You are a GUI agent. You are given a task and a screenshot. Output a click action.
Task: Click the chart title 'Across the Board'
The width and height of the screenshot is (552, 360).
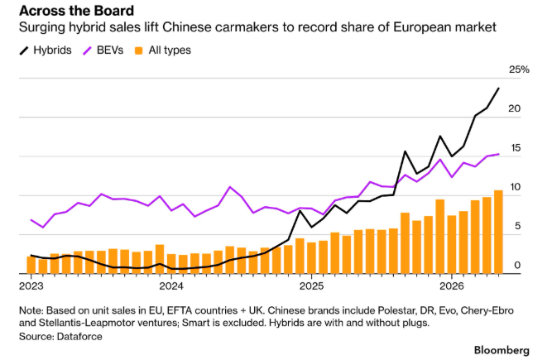tap(76, 11)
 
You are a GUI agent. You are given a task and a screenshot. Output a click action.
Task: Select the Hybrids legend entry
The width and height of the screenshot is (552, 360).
tap(46, 50)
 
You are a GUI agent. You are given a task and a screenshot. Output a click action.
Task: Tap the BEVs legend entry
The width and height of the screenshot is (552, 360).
tap(103, 50)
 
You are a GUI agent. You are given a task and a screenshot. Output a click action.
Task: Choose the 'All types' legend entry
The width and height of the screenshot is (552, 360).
tap(163, 50)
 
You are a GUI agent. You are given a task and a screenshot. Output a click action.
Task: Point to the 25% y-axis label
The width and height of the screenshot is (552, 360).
tap(519, 70)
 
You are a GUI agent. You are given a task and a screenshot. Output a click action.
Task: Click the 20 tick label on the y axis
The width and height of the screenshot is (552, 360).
tap(514, 108)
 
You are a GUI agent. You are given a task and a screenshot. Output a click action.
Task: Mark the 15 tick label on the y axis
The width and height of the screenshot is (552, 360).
tap(515, 148)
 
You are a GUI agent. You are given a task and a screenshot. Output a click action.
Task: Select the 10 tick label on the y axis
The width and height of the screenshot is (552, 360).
tap(515, 187)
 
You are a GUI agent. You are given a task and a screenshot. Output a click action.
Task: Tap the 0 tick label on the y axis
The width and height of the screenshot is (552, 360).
tap(517, 265)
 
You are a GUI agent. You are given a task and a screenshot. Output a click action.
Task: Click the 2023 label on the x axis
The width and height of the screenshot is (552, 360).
tap(31, 286)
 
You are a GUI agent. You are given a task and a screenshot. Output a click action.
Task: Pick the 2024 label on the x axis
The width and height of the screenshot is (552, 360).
tap(171, 286)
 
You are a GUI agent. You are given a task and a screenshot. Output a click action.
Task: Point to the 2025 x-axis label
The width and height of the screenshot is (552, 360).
tap(311, 286)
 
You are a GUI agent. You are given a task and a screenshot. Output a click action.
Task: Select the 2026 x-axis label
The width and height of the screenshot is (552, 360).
tap(452, 286)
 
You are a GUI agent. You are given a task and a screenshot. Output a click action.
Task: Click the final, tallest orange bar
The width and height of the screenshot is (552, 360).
tap(498, 232)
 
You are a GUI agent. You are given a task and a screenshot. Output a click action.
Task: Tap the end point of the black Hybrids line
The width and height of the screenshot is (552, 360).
tap(498, 89)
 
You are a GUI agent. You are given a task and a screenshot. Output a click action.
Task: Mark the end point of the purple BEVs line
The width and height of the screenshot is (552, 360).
tap(498, 154)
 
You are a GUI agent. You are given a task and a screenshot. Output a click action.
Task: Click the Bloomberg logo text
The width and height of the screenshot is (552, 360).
tap(502, 351)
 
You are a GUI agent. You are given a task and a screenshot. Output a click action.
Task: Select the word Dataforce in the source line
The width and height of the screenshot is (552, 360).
tap(79, 337)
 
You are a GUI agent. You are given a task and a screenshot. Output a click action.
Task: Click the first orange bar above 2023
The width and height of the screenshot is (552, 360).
tap(31, 265)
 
